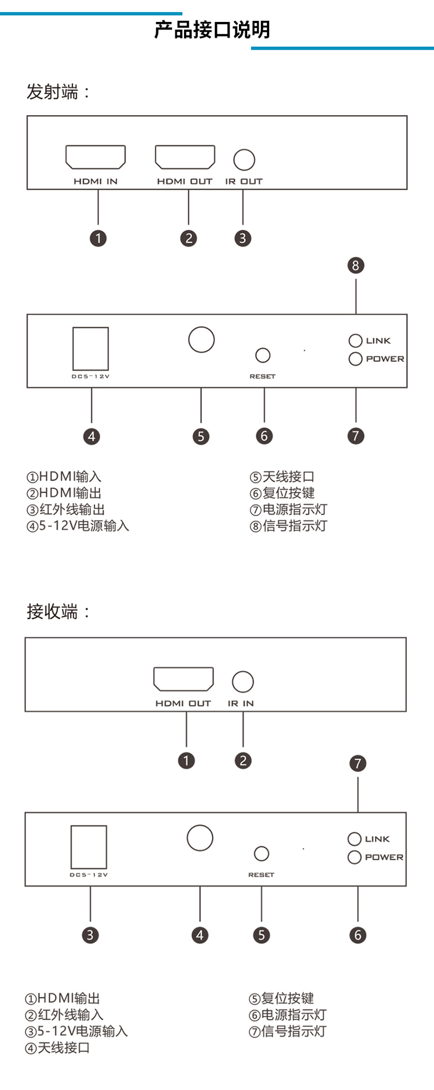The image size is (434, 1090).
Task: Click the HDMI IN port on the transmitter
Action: [95, 157]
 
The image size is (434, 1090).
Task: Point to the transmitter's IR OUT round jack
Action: [244, 160]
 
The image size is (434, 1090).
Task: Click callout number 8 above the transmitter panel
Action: [356, 265]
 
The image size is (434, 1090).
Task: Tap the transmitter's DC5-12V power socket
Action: [90, 348]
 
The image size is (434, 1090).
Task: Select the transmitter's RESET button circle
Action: [263, 354]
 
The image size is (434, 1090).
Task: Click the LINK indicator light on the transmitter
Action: [355, 341]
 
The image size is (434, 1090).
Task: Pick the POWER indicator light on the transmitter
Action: [355, 359]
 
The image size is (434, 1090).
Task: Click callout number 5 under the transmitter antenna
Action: [201, 436]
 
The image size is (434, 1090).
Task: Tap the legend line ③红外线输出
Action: [65, 509]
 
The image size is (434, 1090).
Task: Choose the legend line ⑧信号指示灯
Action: [288, 526]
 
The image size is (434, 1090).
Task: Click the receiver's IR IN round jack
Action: [242, 682]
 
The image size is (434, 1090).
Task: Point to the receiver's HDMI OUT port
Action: [183, 679]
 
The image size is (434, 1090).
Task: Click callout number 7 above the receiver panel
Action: [358, 763]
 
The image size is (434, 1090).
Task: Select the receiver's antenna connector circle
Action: [200, 838]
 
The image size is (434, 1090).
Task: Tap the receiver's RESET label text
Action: [261, 875]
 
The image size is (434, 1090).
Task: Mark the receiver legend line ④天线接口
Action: [57, 1047]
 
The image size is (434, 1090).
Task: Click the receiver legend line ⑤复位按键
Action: [281, 998]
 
